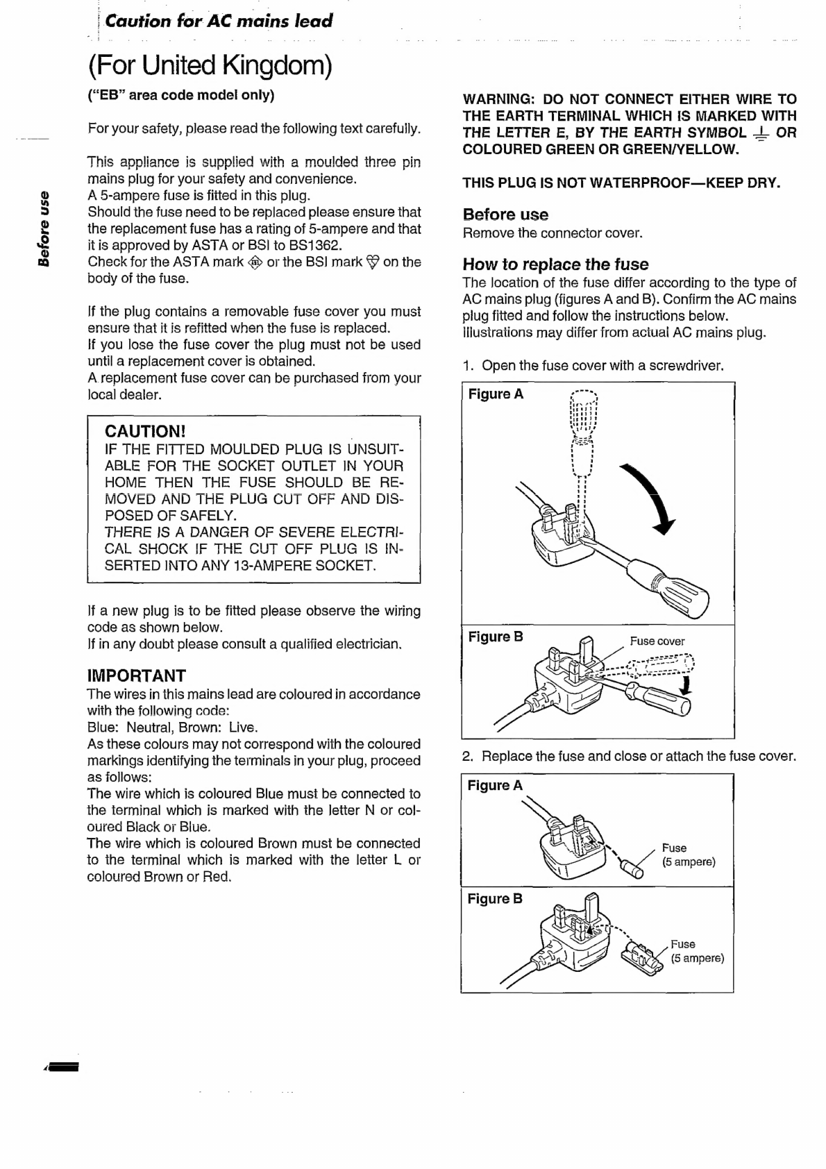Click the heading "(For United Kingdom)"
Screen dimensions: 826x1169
210,66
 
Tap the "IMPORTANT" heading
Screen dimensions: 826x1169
137,675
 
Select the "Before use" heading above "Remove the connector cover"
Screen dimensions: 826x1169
505,215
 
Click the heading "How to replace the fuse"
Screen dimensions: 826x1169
555,264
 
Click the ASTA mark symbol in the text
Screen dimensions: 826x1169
255,262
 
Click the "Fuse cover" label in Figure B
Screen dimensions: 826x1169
657,641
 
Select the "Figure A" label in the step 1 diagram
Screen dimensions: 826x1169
496,394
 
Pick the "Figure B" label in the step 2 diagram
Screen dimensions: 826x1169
495,899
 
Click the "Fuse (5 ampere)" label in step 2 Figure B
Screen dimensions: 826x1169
696,951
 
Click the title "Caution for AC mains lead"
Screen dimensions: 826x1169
219,21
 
